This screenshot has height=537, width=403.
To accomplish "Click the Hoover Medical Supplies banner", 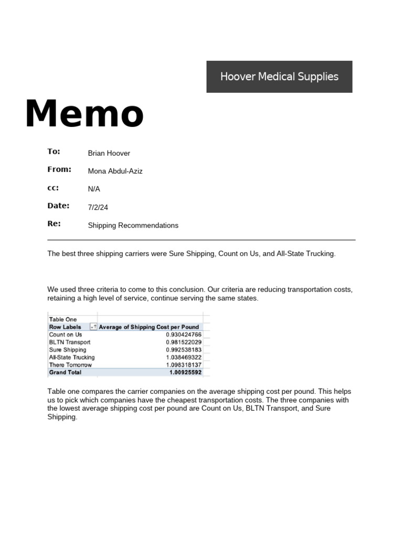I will tap(279, 77).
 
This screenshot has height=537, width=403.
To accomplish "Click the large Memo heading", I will tap(84, 114).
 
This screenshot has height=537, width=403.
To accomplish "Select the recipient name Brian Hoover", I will tap(109, 153).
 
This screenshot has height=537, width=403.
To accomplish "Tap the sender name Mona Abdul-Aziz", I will tap(115, 171).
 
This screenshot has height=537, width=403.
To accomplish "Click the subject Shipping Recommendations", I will tap(133, 225).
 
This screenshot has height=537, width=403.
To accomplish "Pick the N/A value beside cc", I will tap(94, 189).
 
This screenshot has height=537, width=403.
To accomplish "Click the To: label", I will tap(54, 152).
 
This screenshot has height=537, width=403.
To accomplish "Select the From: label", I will tap(59, 169).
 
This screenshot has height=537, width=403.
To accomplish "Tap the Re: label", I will tap(54, 223).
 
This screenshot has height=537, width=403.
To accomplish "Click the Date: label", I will tap(58, 206).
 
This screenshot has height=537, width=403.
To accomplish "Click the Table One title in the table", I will tap(63, 319).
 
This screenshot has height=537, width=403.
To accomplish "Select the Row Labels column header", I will tap(65, 327).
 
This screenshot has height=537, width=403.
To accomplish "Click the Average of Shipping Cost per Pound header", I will tap(149, 327).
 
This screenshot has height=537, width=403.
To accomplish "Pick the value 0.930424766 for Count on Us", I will tap(183, 335).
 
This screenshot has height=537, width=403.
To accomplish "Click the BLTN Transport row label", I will tap(69, 342).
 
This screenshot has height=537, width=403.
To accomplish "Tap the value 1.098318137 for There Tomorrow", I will tap(183, 365).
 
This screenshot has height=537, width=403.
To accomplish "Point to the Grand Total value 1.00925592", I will tap(185, 372).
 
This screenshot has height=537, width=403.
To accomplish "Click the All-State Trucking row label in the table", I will tap(72, 357).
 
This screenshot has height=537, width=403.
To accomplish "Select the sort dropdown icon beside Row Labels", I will tap(93, 327).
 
